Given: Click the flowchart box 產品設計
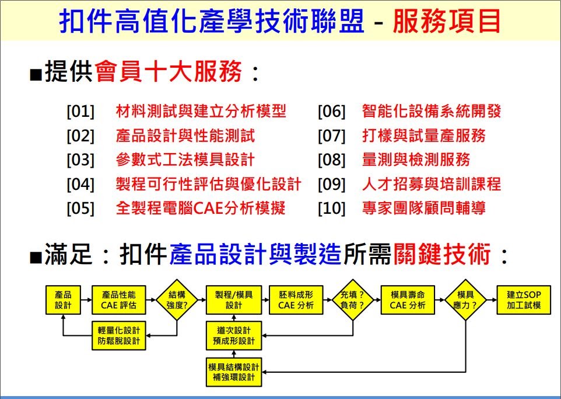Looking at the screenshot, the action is [63, 300].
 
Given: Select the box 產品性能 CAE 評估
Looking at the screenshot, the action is [119, 300].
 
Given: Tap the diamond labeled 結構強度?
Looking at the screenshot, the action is [177, 300].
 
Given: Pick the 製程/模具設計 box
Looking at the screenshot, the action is [234, 300].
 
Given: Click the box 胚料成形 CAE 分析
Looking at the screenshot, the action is [296, 300].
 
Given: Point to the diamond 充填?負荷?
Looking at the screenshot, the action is [352, 300].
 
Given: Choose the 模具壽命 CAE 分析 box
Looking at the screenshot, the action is [408, 300].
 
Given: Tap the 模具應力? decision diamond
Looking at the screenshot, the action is [465, 300].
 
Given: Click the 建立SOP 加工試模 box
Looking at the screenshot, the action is [524, 300].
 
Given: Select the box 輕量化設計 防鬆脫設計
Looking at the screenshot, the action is [119, 335].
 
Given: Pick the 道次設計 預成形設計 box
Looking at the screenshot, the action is [234, 335].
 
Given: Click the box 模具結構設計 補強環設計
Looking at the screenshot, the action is [234, 372].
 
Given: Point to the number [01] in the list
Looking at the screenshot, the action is [80, 112].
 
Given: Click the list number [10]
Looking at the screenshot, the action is [332, 209].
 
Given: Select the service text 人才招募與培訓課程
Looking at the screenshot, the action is [432, 184].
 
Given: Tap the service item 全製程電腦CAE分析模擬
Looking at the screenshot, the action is [201, 208].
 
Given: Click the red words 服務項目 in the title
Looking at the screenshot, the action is [447, 21].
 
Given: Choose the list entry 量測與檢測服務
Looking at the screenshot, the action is [416, 159].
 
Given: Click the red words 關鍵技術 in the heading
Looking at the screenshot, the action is [442, 254].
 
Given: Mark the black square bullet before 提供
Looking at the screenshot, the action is [36, 75].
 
